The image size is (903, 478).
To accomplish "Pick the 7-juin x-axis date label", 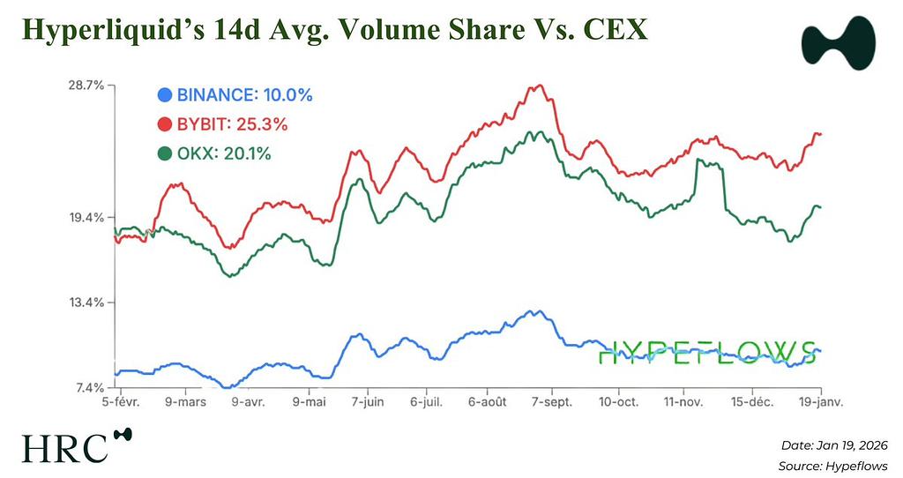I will point(366,402).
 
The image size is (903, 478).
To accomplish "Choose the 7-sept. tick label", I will point(550,402).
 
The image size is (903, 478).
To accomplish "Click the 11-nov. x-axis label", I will point(685,402).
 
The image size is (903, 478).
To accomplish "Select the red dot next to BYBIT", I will point(164,124).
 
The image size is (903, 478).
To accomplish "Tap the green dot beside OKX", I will point(164,153).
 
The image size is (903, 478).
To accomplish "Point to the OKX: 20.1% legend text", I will point(224,153).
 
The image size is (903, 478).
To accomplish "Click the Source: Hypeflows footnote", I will point(834,466).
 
